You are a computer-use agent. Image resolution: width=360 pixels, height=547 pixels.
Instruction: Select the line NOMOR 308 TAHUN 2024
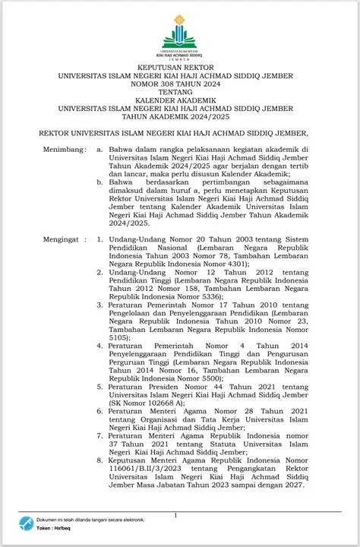(x=180, y=86)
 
